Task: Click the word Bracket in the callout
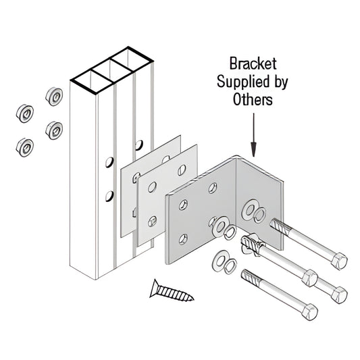pos(253,66)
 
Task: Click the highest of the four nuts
pos(51,94)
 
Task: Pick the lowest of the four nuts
pos(26,145)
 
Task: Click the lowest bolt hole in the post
pos(108,197)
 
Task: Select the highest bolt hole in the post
pos(139,145)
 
